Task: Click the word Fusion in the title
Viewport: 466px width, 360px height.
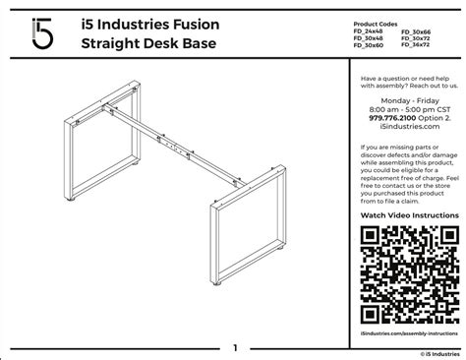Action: tap(191, 23)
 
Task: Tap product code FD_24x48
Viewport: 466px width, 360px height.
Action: tap(371, 32)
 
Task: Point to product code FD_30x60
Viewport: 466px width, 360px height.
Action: tap(371, 44)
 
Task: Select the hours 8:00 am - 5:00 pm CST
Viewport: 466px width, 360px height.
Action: tap(405, 106)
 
